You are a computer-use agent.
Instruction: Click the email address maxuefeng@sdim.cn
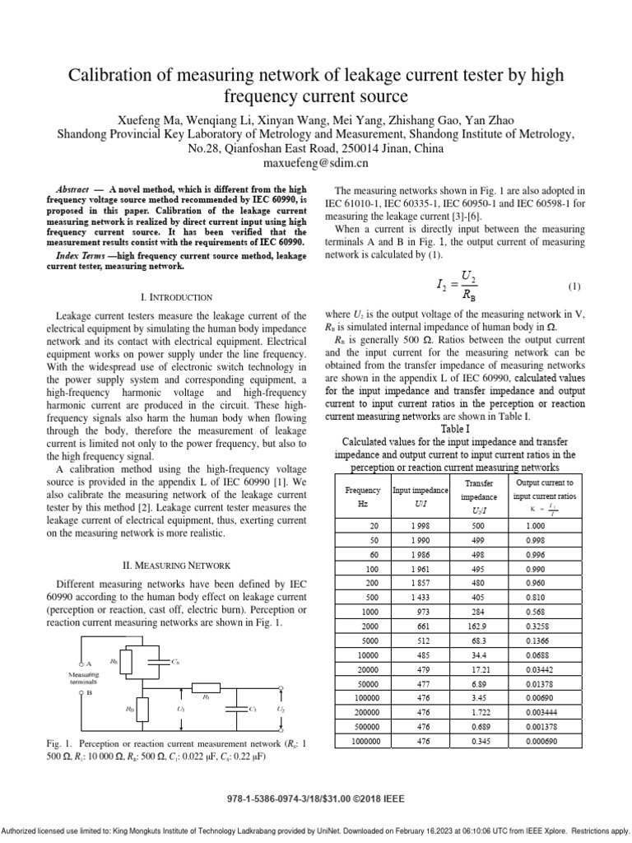point(315,163)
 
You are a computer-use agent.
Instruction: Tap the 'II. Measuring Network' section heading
point(178,566)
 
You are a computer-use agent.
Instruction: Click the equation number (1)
point(574,286)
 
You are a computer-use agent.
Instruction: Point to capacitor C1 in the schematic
point(245,707)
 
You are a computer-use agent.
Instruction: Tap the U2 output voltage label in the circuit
point(281,707)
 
